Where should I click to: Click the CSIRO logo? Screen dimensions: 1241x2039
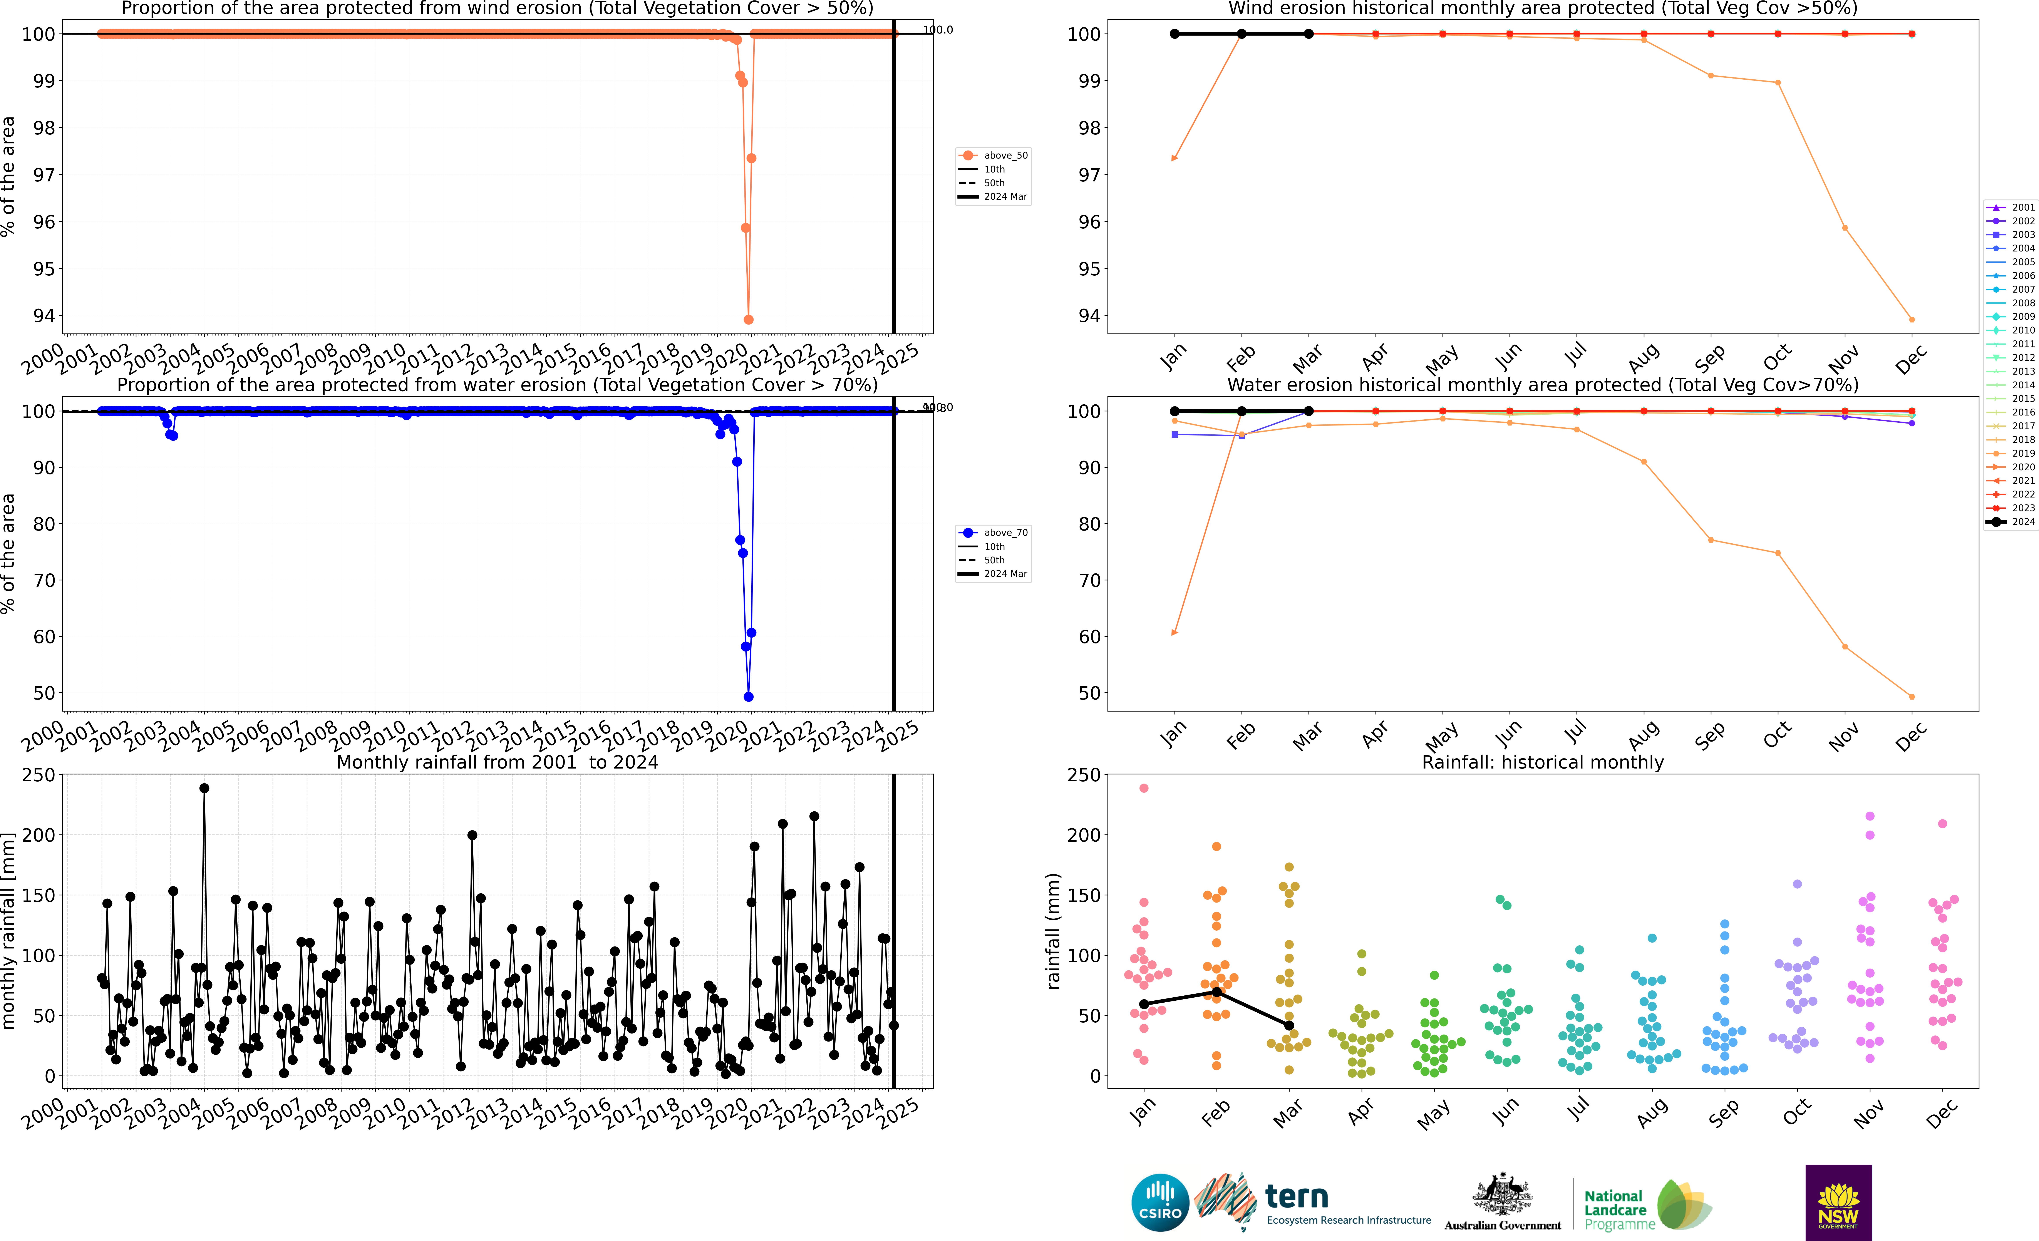[1159, 1202]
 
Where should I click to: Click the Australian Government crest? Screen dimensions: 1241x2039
[1502, 1196]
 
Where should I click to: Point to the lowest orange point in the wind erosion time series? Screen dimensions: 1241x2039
[748, 319]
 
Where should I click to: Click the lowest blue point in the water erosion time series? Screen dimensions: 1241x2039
[748, 697]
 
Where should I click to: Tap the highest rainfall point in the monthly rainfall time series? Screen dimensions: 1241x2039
[204, 789]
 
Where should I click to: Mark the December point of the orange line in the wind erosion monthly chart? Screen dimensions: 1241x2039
[1912, 319]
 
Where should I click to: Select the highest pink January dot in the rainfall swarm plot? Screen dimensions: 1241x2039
[1144, 789]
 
